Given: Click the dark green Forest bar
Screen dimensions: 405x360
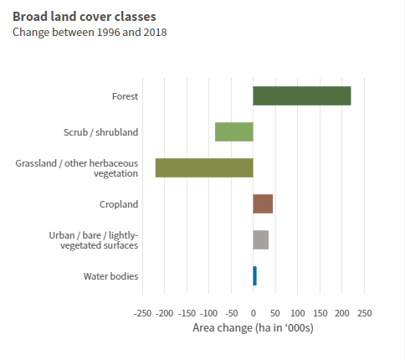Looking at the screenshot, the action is click(x=302, y=96).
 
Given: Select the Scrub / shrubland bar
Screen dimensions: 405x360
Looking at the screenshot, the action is click(x=234, y=131).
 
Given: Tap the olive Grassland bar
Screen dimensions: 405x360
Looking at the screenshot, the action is click(x=204, y=167).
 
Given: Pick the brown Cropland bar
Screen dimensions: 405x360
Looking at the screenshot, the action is click(x=263, y=203).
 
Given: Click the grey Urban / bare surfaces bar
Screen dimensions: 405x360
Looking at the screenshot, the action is click(x=261, y=239).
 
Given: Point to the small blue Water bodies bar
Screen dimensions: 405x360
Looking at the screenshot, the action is click(x=254, y=275).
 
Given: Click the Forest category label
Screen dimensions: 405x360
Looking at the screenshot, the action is click(x=125, y=96).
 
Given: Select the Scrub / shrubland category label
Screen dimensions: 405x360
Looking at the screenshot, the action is click(x=100, y=132).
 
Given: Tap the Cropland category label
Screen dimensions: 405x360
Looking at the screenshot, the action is click(x=119, y=204).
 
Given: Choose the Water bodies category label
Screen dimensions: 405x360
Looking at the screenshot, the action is click(x=110, y=276).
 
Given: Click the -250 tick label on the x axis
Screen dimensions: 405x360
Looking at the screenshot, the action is click(x=142, y=313).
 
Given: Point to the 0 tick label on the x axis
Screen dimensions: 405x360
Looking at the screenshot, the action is click(x=254, y=313).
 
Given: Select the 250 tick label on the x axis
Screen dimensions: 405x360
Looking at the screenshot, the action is click(x=364, y=313).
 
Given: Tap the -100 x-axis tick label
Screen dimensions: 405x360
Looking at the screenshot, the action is click(x=209, y=313).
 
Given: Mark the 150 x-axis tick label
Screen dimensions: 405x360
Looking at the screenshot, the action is click(x=320, y=313).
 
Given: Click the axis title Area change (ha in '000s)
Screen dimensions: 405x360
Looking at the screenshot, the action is click(x=253, y=328).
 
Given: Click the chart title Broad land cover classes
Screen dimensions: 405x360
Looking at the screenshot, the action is click(x=85, y=17).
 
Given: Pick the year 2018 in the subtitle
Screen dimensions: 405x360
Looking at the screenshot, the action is click(x=155, y=33).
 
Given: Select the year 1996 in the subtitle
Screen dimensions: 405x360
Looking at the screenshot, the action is click(x=109, y=33).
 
